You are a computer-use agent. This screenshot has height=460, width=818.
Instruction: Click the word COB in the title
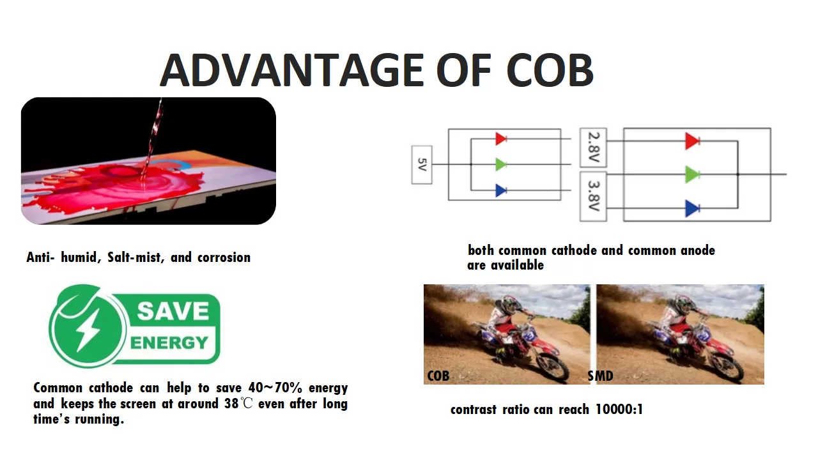pyautogui.click(x=550, y=70)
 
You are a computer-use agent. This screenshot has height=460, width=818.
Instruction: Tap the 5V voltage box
pyautogui.click(x=422, y=165)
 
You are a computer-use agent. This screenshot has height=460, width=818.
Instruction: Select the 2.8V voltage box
pyautogui.click(x=594, y=147)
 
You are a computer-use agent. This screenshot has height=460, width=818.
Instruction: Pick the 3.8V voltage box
pyautogui.click(x=594, y=196)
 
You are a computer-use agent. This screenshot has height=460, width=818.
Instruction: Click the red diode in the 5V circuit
pyautogui.click(x=501, y=139)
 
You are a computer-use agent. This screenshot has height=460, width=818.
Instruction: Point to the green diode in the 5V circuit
pyautogui.click(x=501, y=165)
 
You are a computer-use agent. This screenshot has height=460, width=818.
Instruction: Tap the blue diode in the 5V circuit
pyautogui.click(x=501, y=190)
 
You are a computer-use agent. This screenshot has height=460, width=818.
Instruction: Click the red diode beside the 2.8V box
pyautogui.click(x=692, y=141)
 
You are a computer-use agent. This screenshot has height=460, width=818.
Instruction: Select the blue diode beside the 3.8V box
pyautogui.click(x=692, y=208)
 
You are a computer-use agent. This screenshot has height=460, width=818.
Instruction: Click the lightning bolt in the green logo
pyautogui.click(x=88, y=330)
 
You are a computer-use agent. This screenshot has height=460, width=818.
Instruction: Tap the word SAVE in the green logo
pyautogui.click(x=173, y=311)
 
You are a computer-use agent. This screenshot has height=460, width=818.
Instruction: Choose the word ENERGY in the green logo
pyautogui.click(x=169, y=343)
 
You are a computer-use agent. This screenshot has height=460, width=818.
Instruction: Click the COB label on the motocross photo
pyautogui.click(x=438, y=376)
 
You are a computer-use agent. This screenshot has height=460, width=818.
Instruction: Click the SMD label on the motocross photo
pyautogui.click(x=600, y=376)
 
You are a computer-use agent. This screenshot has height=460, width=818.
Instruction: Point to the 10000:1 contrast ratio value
pyautogui.click(x=619, y=410)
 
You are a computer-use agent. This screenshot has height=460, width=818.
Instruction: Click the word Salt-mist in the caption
pyautogui.click(x=134, y=257)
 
